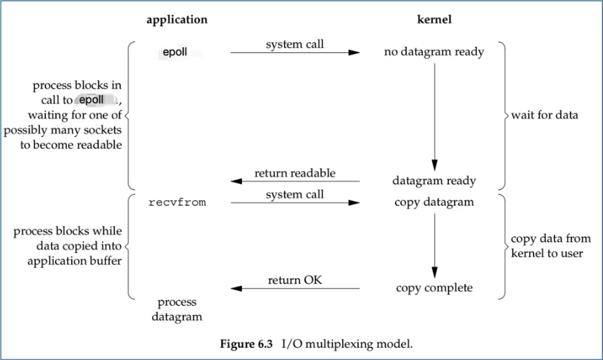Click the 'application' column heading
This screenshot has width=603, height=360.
click(177, 20)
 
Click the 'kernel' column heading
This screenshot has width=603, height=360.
click(434, 20)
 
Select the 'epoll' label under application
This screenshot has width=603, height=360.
click(175, 53)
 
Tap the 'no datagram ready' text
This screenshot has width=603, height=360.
click(434, 52)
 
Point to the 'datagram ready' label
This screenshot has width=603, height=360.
click(434, 181)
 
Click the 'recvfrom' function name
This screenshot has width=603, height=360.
click(177, 202)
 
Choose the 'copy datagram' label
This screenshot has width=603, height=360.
click(434, 202)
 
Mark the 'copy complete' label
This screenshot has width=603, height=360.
click(434, 288)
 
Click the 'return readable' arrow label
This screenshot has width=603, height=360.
click(295, 173)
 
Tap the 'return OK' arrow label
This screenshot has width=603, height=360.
click(295, 281)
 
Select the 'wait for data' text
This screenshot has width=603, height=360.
click(545, 115)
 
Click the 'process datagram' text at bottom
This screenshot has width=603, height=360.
click(177, 309)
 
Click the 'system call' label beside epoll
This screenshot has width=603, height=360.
click(295, 45)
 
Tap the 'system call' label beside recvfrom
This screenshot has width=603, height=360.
click(295, 195)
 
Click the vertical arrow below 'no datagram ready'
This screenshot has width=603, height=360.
click(434, 112)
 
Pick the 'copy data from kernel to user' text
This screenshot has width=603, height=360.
click(546, 245)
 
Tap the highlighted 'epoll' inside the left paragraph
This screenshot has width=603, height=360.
click(92, 100)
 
